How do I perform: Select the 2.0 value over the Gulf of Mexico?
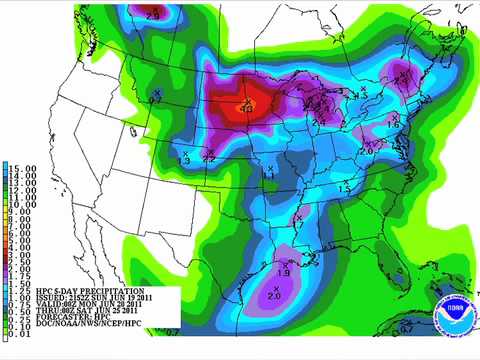[x=275, y=295]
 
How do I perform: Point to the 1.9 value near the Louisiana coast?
[x=283, y=272]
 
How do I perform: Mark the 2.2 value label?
[x=209, y=158]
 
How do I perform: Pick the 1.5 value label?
[x=346, y=186]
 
